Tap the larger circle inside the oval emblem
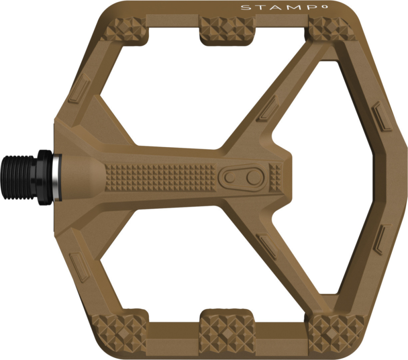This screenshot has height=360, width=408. point(253,177)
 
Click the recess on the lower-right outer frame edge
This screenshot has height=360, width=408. point(382,239)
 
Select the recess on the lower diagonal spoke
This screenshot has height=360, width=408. point(267,245)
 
